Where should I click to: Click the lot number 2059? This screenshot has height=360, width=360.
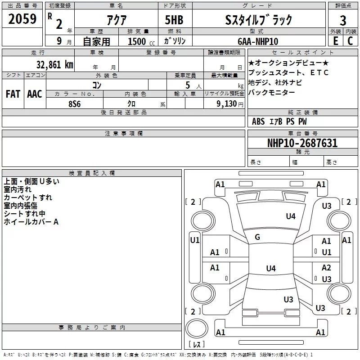tap(22, 19)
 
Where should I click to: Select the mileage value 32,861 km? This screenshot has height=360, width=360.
tap(54, 64)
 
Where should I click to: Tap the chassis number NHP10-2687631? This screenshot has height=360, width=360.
tap(302, 143)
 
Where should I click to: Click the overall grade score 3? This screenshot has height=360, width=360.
tap(343, 20)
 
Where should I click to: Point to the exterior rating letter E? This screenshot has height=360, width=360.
tap(335, 41)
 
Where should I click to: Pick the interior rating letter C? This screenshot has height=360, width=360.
tap(350, 41)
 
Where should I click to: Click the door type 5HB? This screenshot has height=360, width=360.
tap(174, 20)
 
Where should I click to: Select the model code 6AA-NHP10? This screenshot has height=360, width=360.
tap(258, 41)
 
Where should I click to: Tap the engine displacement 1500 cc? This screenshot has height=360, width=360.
tap(141, 41)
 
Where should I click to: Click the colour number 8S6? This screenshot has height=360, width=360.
tap(74, 104)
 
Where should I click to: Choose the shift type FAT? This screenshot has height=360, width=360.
tap(13, 94)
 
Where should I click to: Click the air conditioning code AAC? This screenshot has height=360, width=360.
tap(35, 94)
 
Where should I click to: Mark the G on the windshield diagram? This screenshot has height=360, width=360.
tap(257, 237)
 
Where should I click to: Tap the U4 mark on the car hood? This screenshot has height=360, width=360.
tap(291, 216)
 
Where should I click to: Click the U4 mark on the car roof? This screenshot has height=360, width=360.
tap(271, 268)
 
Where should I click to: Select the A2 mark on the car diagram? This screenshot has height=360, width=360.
tap(326, 267)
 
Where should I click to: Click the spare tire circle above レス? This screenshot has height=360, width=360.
tap(197, 328)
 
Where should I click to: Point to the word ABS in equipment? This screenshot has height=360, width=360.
tap(258, 121)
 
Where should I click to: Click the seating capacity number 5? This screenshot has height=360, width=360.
tap(188, 85)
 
